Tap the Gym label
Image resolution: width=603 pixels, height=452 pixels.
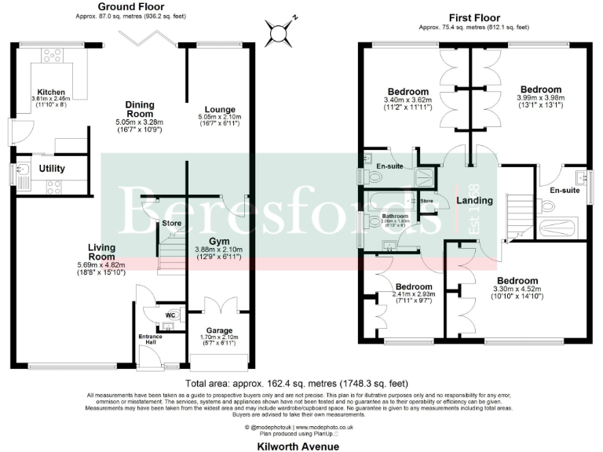218,241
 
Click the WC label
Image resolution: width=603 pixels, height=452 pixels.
170,316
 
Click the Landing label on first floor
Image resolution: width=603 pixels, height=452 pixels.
474,200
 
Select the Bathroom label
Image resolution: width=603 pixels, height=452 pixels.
395,216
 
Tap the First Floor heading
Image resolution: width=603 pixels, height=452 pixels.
474,18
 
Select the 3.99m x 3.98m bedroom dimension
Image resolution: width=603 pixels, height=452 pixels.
540,99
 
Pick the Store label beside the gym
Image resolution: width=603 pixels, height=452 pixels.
171,224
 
